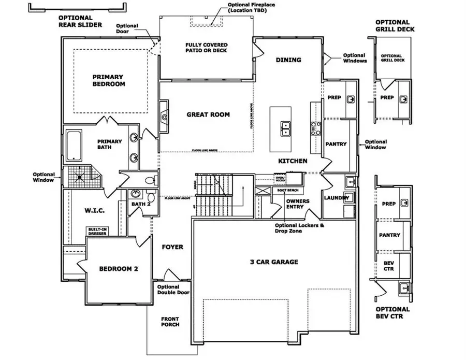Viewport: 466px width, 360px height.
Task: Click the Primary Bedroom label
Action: pyautogui.click(x=109, y=79)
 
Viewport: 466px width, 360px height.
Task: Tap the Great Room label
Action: pyautogui.click(x=208, y=114)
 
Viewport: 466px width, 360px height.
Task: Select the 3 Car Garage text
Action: pyautogui.click(x=274, y=262)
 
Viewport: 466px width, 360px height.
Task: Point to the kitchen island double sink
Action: pyautogui.click(x=285, y=128)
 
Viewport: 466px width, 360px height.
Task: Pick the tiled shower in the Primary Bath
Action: pyautogui.click(x=80, y=178)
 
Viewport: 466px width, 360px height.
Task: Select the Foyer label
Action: pyautogui.click(x=172, y=247)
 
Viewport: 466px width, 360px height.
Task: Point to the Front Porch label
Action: pyautogui.click(x=169, y=321)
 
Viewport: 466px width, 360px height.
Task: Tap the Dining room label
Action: pyautogui.click(x=288, y=60)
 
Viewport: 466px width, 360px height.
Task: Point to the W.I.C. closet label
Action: pyautogui.click(x=95, y=211)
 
